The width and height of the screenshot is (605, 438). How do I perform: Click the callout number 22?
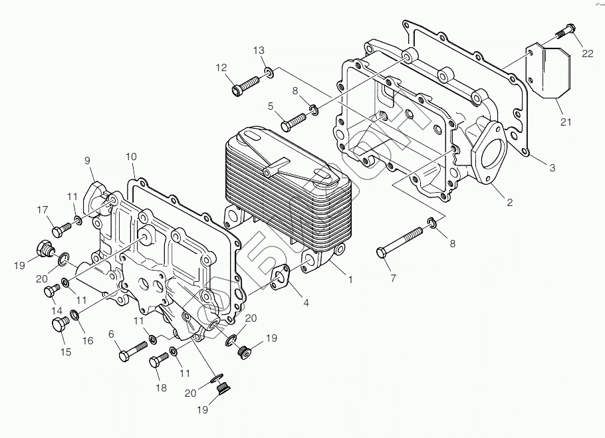[588, 54]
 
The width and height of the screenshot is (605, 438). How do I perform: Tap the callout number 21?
[566, 122]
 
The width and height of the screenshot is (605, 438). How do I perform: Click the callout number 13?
[259, 51]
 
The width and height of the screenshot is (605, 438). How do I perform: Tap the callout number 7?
[393, 278]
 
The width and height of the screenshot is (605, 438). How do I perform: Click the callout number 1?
[350, 280]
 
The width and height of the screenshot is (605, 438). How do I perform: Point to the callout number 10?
[131, 157]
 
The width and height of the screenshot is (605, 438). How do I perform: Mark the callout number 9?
[86, 160]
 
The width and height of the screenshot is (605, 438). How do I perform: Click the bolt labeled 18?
[159, 362]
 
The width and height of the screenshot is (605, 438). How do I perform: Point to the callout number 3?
[552, 168]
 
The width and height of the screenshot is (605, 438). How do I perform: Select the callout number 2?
[510, 203]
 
